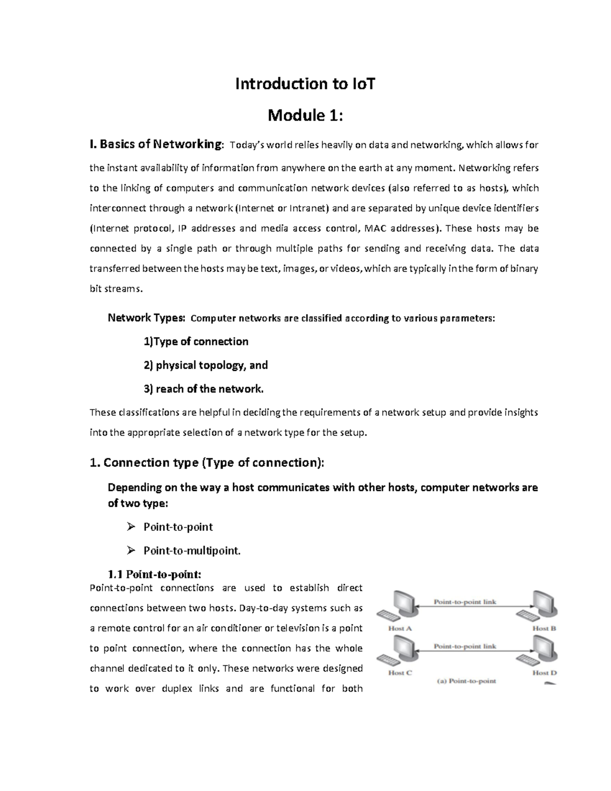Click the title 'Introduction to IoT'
coord(305,84)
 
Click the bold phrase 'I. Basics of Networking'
coord(156,145)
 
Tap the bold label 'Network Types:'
coord(146,318)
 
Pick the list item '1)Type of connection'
coord(196,342)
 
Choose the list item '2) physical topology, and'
coord(206,365)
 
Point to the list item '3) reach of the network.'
coord(204,389)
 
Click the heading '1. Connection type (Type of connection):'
coord(206,462)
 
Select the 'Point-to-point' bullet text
coord(178,527)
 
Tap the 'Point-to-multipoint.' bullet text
coord(192,551)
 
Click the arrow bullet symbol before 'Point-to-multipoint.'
coord(131,551)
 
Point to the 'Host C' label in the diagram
coord(400,672)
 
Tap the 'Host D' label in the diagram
coord(544,672)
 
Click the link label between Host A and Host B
coord(464,602)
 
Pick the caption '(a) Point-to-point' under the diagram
coord(466,681)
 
